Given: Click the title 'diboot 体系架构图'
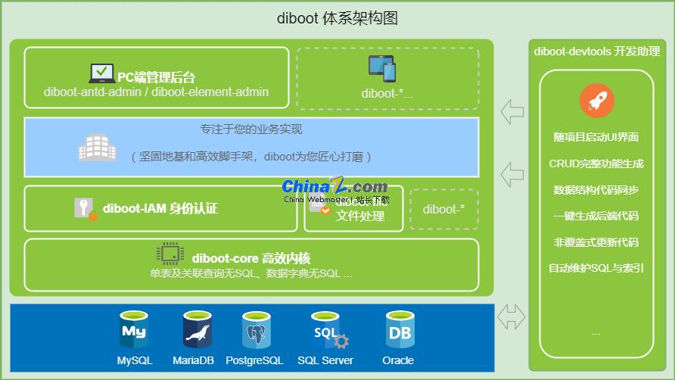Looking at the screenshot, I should [337, 18].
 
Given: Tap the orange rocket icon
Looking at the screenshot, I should [596, 101].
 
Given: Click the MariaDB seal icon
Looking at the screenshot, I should [197, 330].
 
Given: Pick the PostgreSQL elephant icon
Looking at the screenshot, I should [255, 330].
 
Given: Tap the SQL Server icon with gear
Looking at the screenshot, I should [326, 331].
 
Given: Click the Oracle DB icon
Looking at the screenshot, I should [398, 330].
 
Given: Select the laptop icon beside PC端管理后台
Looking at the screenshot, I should [102, 73].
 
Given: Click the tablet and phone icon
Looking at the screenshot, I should [382, 69].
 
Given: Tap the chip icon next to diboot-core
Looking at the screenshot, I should [170, 253].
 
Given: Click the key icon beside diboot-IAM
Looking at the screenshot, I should [86, 208].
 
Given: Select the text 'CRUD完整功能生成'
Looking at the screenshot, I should [596, 164].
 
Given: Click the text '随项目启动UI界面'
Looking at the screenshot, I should [596, 137].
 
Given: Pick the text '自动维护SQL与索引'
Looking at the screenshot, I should [596, 268].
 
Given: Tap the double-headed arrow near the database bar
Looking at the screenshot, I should [512, 316].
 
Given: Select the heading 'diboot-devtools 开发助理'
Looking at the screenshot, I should [596, 51].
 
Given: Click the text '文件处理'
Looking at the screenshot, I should [360, 216].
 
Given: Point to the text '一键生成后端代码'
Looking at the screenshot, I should [596, 216].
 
